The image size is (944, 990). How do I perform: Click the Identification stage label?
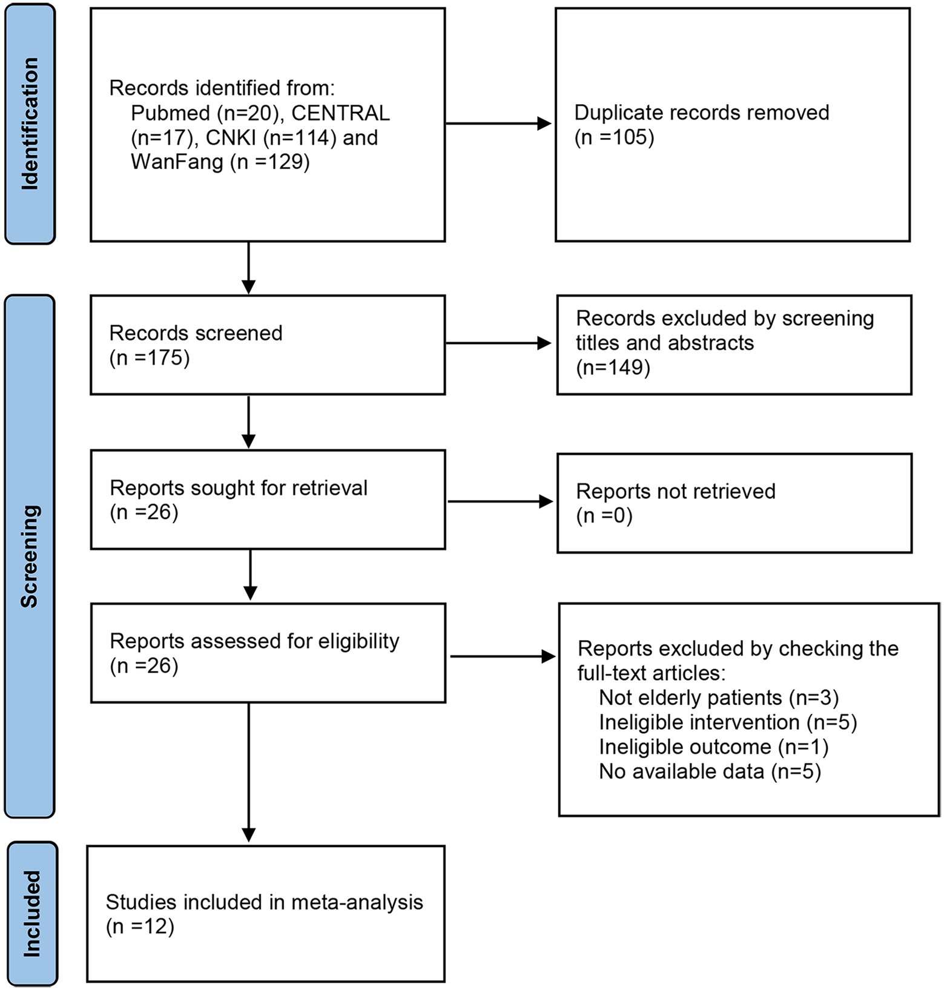click(30, 124)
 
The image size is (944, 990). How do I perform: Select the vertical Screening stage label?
click(29, 556)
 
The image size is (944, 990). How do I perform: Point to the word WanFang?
click(177, 162)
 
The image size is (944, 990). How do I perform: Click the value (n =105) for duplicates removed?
click(614, 137)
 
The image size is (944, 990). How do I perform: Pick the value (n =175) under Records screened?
click(150, 358)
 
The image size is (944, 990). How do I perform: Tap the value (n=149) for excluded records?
click(613, 368)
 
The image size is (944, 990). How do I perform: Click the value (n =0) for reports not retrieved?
click(604, 516)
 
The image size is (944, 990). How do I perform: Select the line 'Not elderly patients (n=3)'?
click(719, 698)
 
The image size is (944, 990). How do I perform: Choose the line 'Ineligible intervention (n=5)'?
click(728, 722)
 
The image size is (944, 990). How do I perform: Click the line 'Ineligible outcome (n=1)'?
click(714, 747)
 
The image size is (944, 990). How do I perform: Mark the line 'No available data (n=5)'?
click(710, 772)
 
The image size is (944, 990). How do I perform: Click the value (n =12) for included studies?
click(140, 927)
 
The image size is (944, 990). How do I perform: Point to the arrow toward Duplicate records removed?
click(498, 124)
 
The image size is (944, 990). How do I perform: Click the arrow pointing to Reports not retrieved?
click(500, 501)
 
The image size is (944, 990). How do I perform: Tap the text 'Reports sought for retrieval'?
click(239, 488)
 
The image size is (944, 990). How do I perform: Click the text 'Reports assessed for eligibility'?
click(254, 642)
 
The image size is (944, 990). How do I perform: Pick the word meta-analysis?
click(357, 903)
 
